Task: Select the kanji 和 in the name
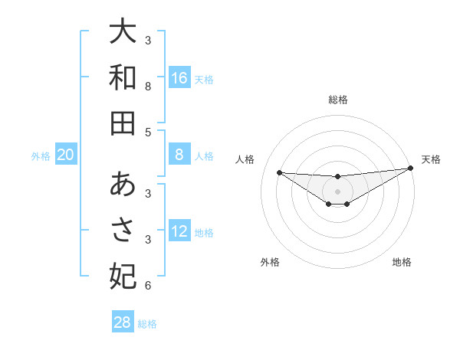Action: (x=123, y=77)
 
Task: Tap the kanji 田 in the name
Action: (x=123, y=123)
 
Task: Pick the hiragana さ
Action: (x=123, y=229)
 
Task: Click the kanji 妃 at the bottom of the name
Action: (x=123, y=275)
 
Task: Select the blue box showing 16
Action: (x=179, y=78)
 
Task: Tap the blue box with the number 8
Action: (x=179, y=155)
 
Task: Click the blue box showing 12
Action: (x=179, y=231)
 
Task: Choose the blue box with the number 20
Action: (x=66, y=155)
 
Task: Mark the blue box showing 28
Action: (x=123, y=322)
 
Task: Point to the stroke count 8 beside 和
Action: (x=148, y=87)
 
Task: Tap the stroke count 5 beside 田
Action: (x=148, y=133)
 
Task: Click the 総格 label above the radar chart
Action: (x=337, y=100)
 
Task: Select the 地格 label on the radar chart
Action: (x=402, y=262)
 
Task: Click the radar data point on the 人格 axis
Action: (x=279, y=172)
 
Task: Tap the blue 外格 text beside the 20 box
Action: (x=41, y=156)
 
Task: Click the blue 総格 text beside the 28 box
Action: (x=147, y=324)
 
